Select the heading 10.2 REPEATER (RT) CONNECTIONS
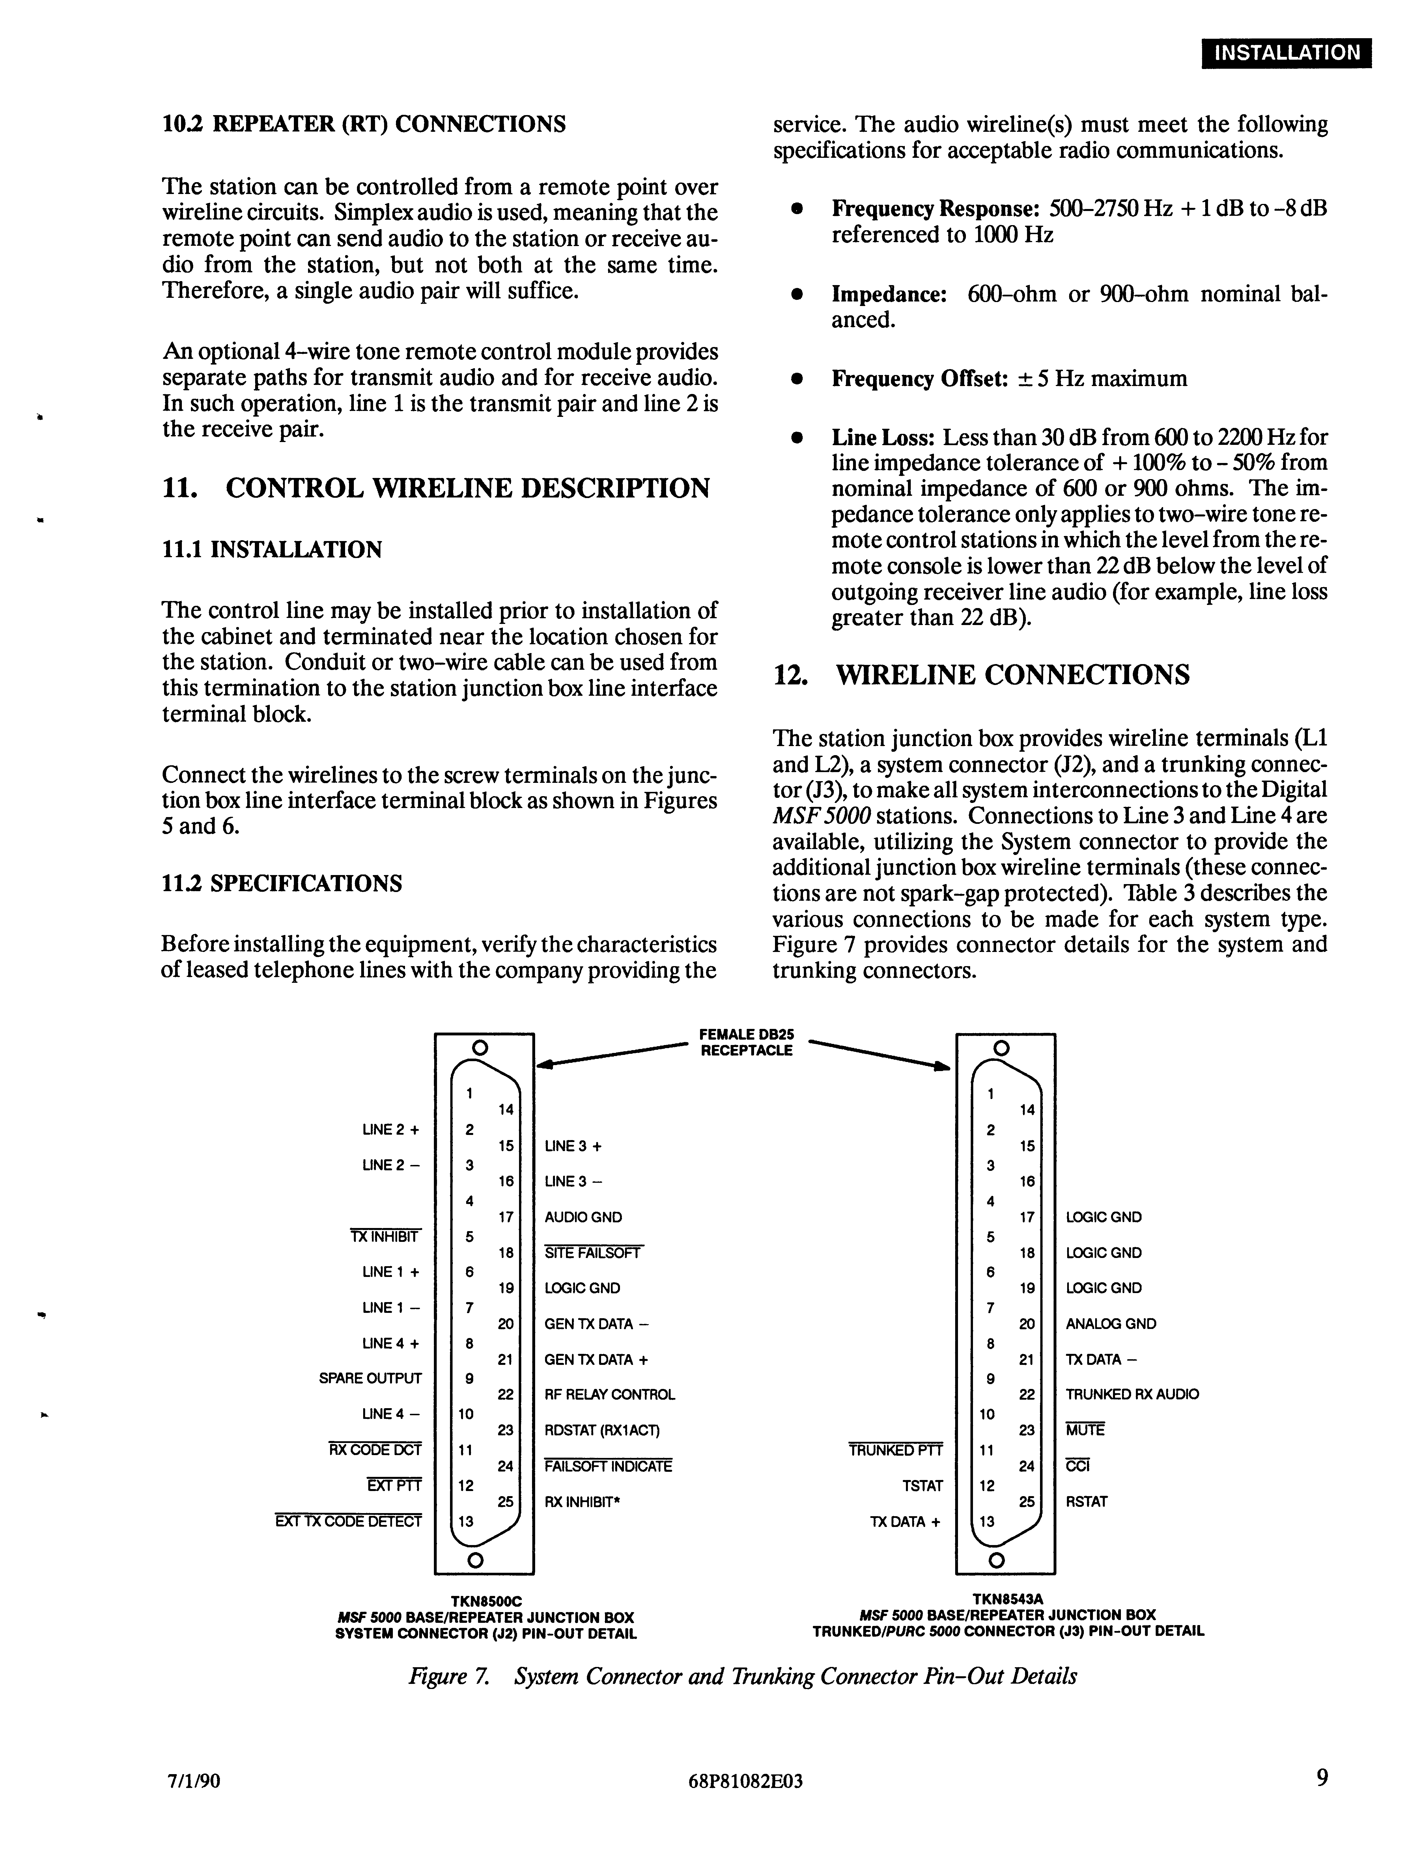[x=364, y=124]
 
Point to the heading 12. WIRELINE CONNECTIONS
[x=981, y=675]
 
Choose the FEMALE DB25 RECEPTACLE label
[x=746, y=1042]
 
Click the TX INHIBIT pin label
[x=385, y=1236]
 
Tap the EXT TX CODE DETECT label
[x=348, y=1521]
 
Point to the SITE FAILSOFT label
[x=593, y=1253]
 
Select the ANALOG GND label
[x=1110, y=1324]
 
